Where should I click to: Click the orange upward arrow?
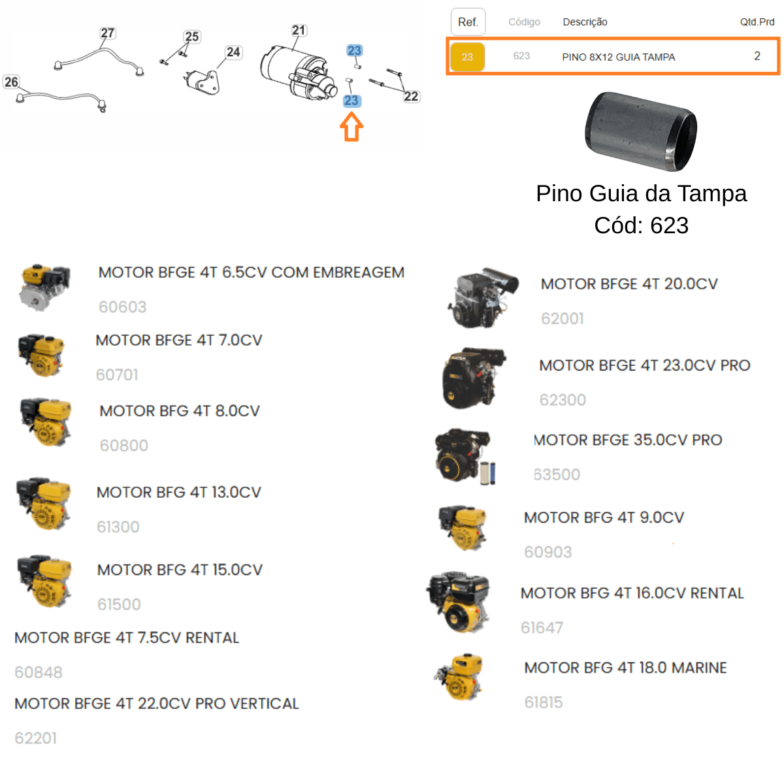[351, 127]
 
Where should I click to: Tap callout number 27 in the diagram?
[107, 33]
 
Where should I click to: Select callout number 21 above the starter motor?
[298, 30]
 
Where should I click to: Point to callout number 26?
[11, 82]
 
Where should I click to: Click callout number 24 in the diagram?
[233, 52]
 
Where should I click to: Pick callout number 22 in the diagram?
[411, 97]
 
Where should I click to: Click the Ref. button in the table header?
[468, 22]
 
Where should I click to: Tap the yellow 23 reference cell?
[467, 57]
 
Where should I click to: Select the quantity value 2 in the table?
[757, 56]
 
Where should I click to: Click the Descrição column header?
[585, 22]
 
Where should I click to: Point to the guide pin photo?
[641, 131]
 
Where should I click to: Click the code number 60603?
[122, 307]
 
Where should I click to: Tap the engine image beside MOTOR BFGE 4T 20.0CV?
[483, 297]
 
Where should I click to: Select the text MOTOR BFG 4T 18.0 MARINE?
[625, 668]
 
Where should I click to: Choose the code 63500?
[557, 474]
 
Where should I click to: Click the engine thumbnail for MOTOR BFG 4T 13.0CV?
[44, 504]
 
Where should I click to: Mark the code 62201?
[36, 738]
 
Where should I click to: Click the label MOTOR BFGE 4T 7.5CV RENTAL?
[127, 638]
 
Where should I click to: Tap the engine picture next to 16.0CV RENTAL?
[458, 602]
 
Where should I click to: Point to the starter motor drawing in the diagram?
[299, 73]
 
